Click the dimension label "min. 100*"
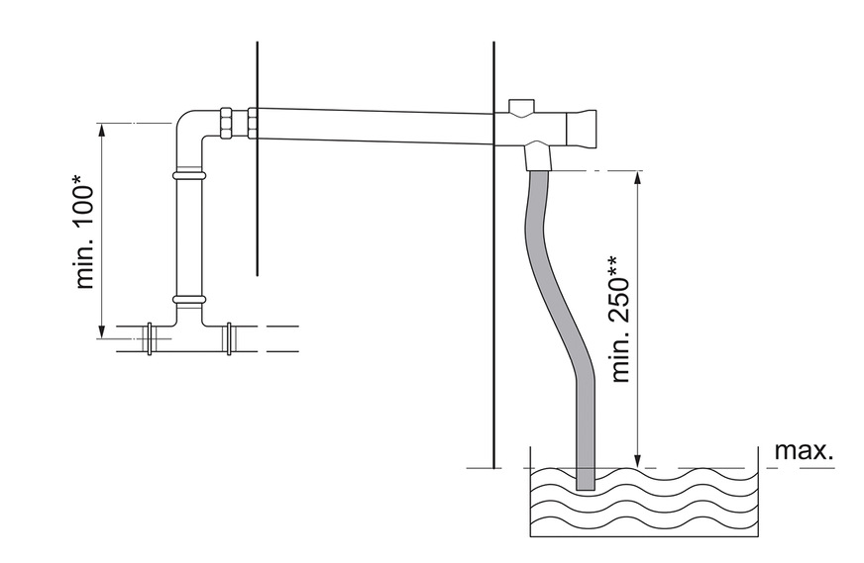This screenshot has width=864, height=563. (x=86, y=234)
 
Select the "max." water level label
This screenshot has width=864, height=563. (x=804, y=451)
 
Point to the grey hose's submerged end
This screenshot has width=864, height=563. (x=586, y=479)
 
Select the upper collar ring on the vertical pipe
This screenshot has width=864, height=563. (x=188, y=175)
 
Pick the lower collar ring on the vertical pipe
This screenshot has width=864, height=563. (x=188, y=299)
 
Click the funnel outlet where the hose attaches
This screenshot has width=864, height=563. (x=536, y=155)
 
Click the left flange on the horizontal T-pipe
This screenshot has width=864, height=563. (x=151, y=339)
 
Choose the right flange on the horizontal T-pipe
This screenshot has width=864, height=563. (x=229, y=338)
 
